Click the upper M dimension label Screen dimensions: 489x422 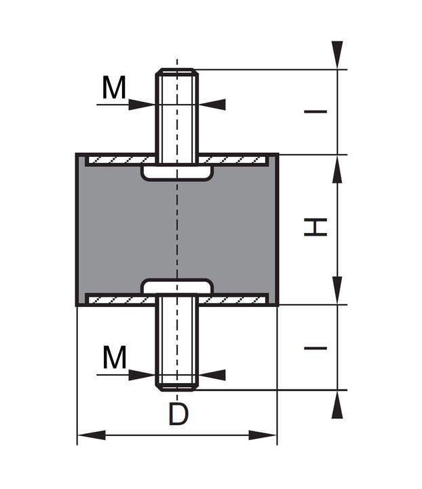[x=114, y=88]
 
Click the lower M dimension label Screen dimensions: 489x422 [x=114, y=357]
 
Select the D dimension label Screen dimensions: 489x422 [x=178, y=414]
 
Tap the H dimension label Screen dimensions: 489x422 [x=315, y=226]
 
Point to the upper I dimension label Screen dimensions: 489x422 [x=315, y=111]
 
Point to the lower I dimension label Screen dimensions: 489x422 [x=315, y=348]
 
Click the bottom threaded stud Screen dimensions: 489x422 [x=177, y=346]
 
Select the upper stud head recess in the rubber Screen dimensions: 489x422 [x=177, y=173]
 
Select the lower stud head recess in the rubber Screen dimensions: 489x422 [x=177, y=286]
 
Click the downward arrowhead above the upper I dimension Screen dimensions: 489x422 [x=337, y=55]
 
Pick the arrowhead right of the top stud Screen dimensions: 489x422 [x=212, y=105]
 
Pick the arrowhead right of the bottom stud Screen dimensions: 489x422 [x=212, y=375]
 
